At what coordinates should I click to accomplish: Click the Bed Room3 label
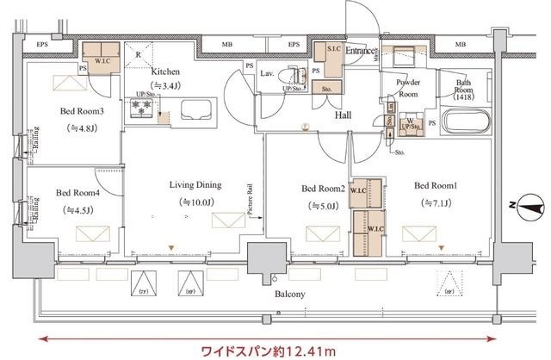[83, 111]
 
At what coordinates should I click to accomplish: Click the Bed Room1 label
[436, 185]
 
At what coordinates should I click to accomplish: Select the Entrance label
[360, 52]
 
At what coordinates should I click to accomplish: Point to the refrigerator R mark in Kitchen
[139, 53]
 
